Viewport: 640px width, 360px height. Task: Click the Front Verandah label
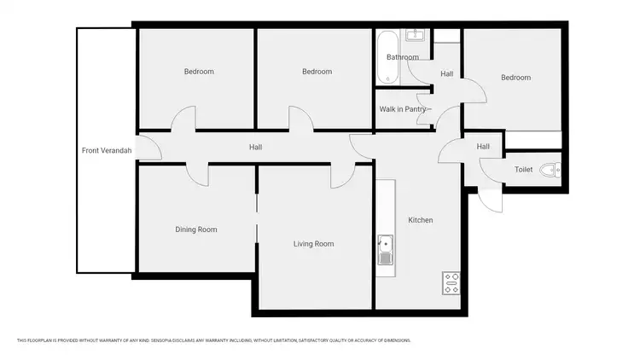tap(106, 151)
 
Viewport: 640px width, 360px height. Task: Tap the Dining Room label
tap(196, 229)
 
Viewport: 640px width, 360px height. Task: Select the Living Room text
tap(313, 244)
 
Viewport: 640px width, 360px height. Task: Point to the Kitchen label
tap(421, 220)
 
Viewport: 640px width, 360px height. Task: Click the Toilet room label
tap(523, 170)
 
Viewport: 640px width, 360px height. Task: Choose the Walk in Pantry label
tap(402, 109)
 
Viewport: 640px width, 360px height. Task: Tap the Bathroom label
tap(403, 57)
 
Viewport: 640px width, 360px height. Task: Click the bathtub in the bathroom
tap(386, 57)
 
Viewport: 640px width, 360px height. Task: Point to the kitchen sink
tap(386, 249)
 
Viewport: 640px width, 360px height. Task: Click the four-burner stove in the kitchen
tap(451, 282)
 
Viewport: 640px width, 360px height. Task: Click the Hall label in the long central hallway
tap(255, 148)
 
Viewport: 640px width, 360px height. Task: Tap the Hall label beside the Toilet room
tap(483, 147)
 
